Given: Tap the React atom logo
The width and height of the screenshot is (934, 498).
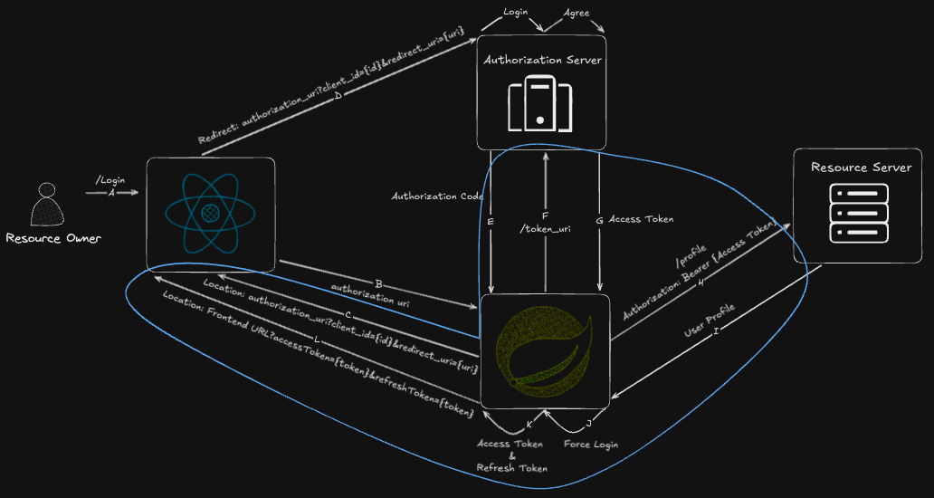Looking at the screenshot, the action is pos(210,213).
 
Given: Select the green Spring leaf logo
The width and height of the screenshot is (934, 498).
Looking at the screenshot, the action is pos(544,351).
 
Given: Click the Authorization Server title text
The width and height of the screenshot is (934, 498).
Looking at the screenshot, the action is pos(541,60).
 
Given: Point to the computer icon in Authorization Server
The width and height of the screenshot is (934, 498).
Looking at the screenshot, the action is pos(539,107).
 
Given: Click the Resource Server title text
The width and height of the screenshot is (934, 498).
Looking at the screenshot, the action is pos(861,168).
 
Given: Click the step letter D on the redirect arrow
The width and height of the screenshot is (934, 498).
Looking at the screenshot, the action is pos(338,96).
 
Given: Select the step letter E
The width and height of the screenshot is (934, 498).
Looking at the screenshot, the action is pos(491,221).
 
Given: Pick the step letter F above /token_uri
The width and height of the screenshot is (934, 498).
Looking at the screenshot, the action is pos(544,215).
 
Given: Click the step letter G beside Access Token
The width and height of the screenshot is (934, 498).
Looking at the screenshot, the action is pos(599,219).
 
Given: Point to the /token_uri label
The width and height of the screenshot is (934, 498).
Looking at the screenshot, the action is pos(545,229).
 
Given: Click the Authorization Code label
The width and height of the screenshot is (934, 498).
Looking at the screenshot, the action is pos(437,196).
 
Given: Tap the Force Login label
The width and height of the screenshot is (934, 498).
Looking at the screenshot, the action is pos(591,445).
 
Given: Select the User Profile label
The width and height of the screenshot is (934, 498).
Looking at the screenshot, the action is pos(709,321).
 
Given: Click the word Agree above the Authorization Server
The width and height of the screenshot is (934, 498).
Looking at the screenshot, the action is pos(576,12).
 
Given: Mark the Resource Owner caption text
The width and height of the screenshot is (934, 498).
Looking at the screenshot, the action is pos(53,238).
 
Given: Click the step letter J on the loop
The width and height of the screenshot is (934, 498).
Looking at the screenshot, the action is pos(588,423).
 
